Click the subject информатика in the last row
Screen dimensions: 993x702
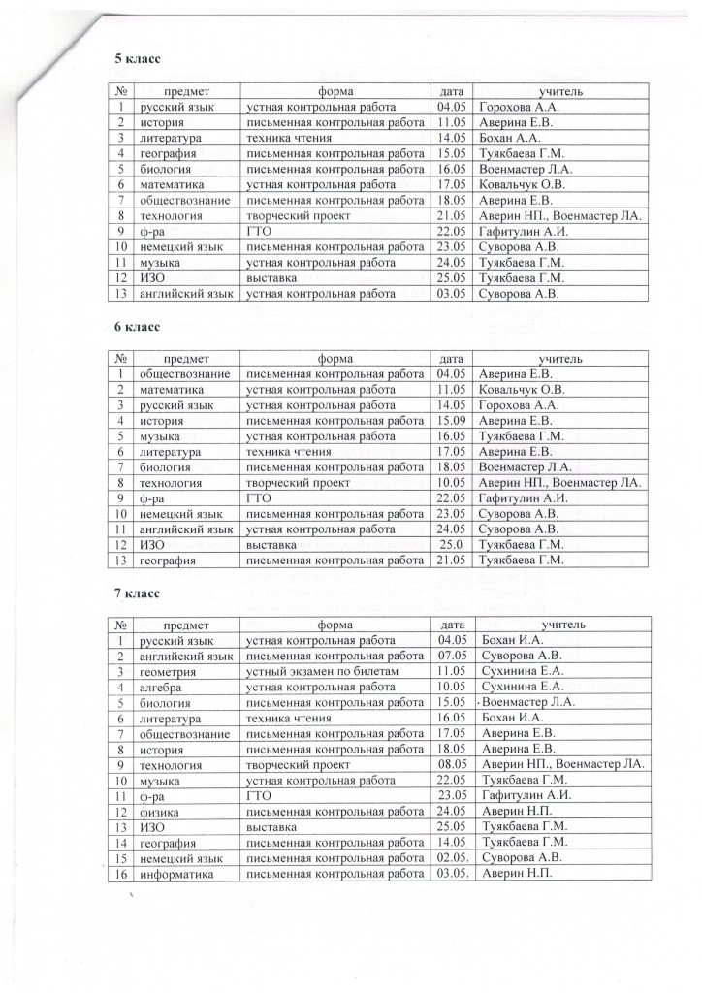click(x=175, y=874)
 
